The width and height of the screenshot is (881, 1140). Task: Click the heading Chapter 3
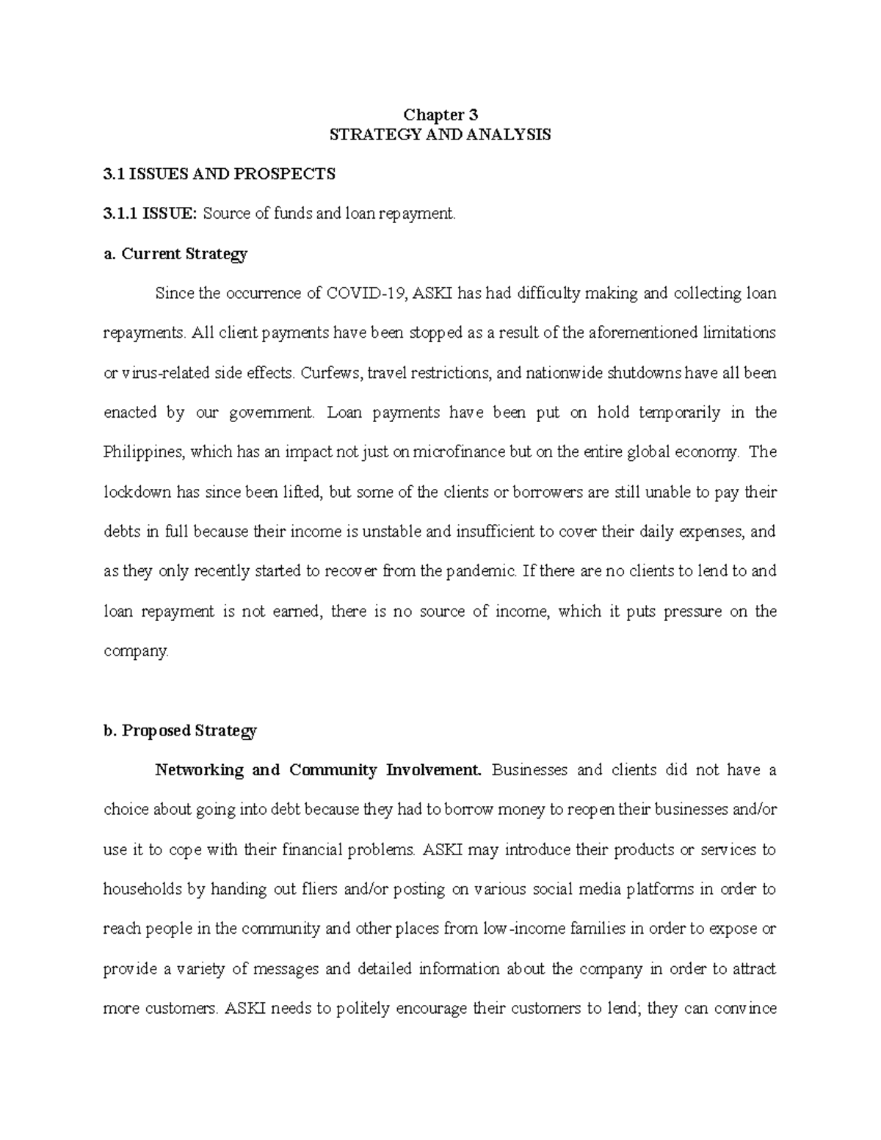[x=440, y=115]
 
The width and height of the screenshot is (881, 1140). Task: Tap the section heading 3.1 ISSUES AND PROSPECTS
[x=219, y=174]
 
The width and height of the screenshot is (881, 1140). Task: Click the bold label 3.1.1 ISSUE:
[x=150, y=214]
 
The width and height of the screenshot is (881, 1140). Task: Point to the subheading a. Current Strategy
[x=175, y=254]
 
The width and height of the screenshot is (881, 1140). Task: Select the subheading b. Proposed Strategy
[x=180, y=730]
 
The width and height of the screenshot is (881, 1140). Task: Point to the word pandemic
[x=477, y=571]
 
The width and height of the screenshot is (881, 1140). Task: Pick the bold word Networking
[x=198, y=770]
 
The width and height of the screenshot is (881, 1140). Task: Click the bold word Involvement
[x=436, y=770]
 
